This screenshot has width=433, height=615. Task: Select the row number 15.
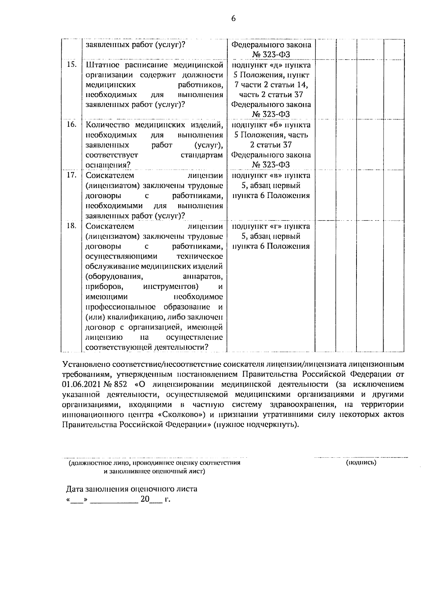[x=71, y=65]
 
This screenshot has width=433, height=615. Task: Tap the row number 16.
[x=71, y=124]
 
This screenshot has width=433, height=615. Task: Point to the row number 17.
[x=71, y=175]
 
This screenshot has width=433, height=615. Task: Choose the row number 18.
[x=71, y=226]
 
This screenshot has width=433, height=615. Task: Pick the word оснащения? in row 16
[x=108, y=165]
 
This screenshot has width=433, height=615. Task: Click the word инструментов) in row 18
[x=171, y=287]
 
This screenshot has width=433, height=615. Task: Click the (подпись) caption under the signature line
[x=361, y=463]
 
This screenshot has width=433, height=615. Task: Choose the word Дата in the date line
[x=75, y=489]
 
